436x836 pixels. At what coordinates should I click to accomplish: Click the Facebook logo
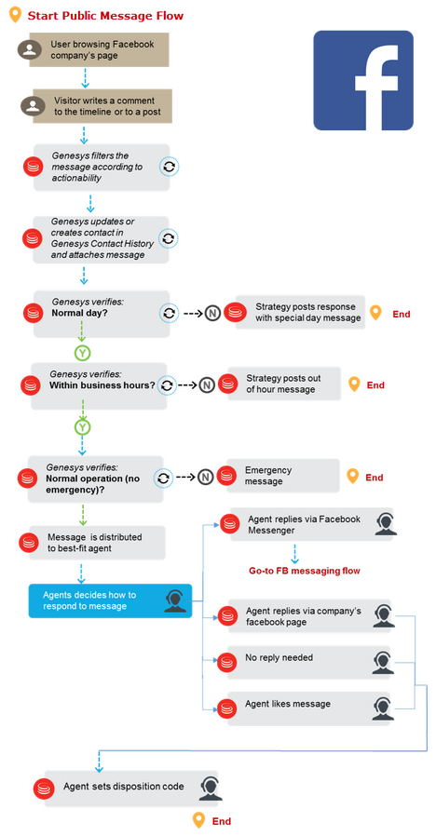(363, 80)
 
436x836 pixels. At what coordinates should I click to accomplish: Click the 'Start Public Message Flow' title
(105, 16)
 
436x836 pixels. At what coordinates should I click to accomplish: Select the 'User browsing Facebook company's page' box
(100, 50)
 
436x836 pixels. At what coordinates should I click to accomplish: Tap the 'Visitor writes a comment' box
(102, 106)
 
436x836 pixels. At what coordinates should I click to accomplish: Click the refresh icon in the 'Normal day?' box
(170, 314)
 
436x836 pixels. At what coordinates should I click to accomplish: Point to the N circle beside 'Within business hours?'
(207, 384)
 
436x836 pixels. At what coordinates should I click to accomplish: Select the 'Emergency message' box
(283, 476)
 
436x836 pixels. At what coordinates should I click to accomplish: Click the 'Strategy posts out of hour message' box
(284, 384)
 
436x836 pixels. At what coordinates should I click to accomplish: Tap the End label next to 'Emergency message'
(375, 478)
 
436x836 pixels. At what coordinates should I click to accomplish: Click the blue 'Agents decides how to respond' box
(110, 600)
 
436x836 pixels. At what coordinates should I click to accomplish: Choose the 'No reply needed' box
(309, 662)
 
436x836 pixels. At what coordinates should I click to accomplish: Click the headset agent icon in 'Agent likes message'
(383, 708)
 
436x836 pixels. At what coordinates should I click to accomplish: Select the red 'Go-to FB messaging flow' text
(305, 571)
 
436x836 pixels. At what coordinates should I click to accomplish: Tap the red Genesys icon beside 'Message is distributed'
(28, 543)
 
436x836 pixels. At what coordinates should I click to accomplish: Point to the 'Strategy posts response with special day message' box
(301, 313)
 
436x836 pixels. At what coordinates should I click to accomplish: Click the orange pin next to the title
(17, 16)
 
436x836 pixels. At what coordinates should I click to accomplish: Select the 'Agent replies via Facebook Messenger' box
(312, 524)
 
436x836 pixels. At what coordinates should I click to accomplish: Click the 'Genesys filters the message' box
(102, 168)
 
